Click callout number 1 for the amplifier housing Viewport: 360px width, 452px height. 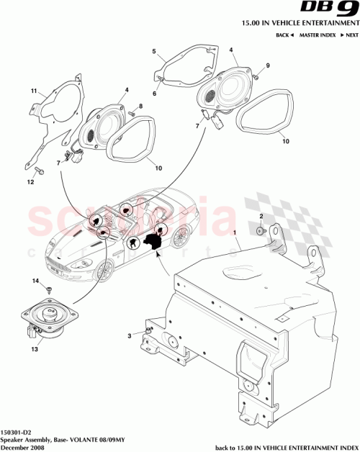click(233, 235)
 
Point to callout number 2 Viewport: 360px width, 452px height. click(261, 217)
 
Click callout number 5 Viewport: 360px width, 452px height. click(154, 52)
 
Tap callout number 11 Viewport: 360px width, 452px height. click(33, 92)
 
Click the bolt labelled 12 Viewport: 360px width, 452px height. click(40, 172)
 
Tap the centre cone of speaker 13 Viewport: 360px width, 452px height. click(51, 314)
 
